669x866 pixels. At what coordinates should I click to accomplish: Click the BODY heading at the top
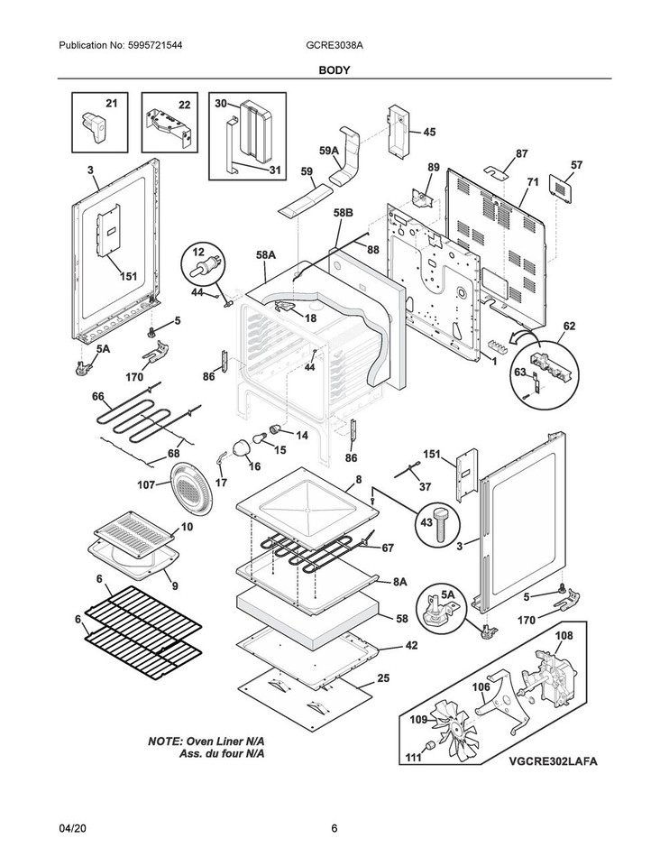[x=334, y=69]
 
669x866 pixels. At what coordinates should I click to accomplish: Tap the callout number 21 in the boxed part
[x=111, y=104]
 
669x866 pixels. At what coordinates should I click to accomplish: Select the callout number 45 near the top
[x=428, y=132]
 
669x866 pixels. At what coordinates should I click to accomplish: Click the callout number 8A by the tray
[x=399, y=584]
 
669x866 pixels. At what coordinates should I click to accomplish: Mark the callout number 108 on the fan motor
[x=563, y=635]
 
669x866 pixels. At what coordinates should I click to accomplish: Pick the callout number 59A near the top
[x=328, y=151]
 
